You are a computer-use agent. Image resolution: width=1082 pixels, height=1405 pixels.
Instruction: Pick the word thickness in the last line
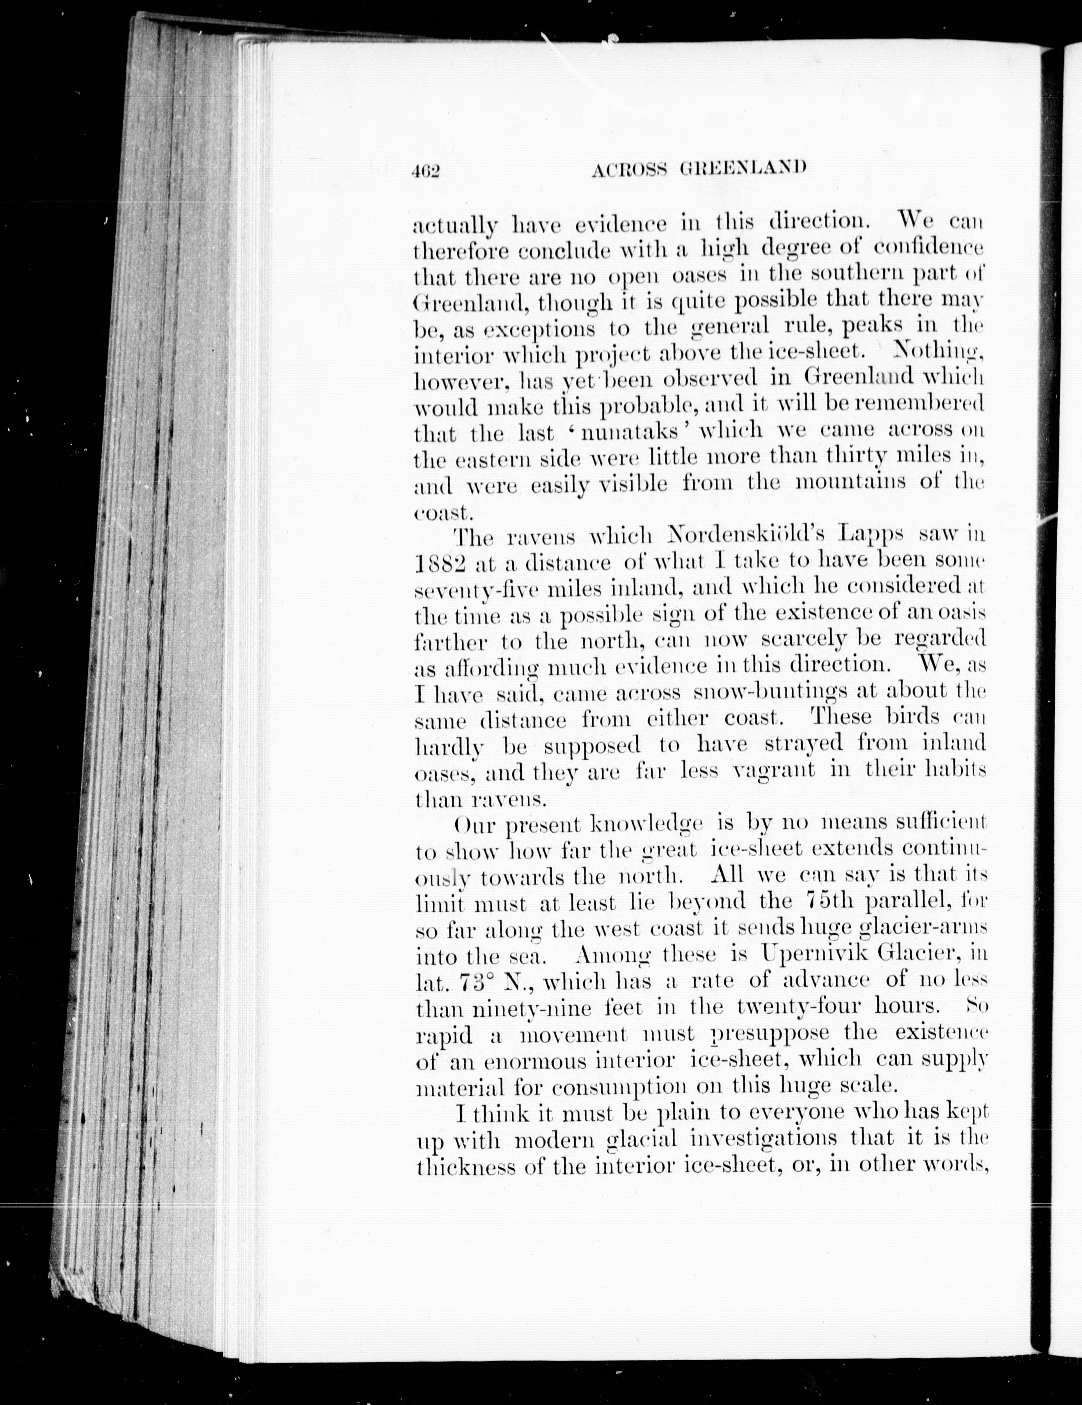point(467,1166)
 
